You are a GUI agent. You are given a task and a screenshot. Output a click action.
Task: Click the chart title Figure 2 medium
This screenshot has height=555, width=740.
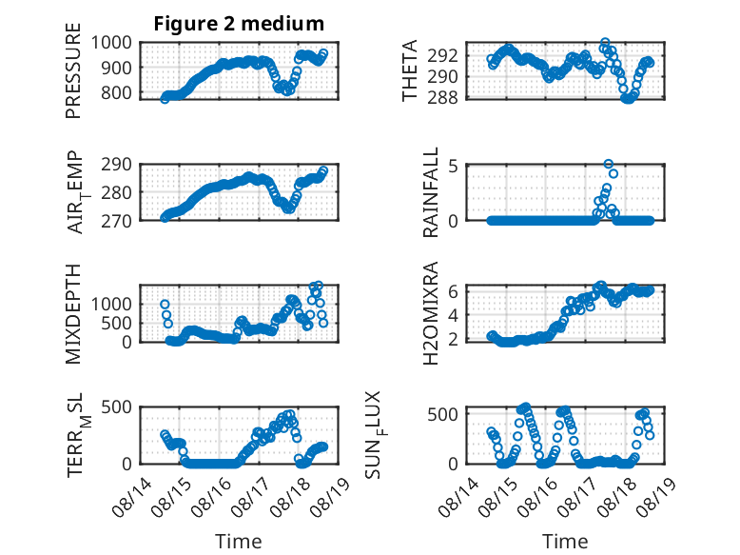(x=239, y=24)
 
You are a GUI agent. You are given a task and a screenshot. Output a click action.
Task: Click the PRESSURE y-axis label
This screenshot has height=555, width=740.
(x=73, y=70)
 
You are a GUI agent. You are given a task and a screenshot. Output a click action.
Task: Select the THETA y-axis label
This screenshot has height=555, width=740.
(x=410, y=70)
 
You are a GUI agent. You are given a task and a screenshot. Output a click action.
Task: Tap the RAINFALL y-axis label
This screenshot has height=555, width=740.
(x=431, y=192)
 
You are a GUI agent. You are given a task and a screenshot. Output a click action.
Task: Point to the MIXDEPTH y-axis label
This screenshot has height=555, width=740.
(x=73, y=314)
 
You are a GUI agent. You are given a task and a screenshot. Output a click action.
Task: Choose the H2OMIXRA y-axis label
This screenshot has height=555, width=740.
(x=431, y=313)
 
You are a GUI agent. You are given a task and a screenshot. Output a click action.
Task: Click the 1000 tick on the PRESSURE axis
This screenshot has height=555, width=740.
(x=111, y=43)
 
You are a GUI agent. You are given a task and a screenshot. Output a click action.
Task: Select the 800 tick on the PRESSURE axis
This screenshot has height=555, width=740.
(x=116, y=92)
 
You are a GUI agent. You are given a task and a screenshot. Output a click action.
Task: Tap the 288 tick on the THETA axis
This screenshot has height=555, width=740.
(x=442, y=97)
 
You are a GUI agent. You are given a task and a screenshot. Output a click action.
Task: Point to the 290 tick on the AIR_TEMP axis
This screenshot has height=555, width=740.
(x=116, y=165)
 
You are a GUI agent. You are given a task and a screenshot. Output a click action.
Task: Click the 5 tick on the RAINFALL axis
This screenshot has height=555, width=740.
(x=454, y=167)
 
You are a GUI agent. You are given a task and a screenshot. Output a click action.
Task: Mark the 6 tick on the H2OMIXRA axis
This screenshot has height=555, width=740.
(x=454, y=291)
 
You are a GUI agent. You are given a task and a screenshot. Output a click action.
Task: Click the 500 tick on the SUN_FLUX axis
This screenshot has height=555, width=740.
(x=442, y=414)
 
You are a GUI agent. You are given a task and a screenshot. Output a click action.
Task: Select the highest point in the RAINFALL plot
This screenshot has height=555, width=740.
(x=609, y=164)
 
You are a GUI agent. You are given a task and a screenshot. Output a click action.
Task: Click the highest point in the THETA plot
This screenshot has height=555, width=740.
(x=605, y=43)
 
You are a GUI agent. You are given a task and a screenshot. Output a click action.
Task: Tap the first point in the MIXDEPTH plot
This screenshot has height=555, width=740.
(x=165, y=305)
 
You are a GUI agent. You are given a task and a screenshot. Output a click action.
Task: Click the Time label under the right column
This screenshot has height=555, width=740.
(x=565, y=541)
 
